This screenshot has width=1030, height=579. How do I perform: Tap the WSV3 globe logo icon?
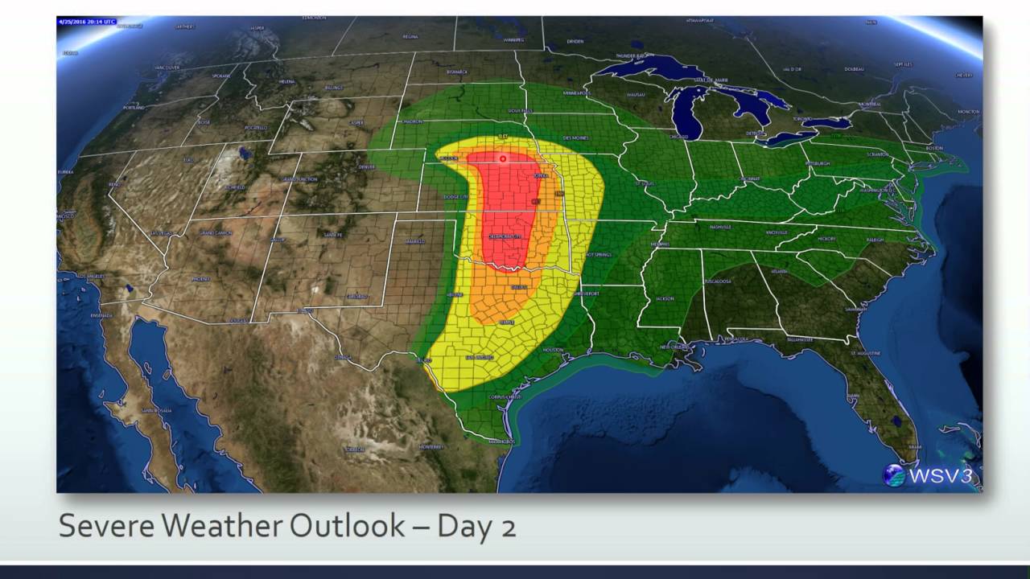894,475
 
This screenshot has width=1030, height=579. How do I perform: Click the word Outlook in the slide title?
347,525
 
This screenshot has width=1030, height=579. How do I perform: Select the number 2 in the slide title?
507,526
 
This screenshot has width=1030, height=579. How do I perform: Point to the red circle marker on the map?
503,158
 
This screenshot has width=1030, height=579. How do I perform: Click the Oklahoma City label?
506,236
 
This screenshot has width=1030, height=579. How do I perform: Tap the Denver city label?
367,167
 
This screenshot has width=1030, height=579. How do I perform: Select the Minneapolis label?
576,93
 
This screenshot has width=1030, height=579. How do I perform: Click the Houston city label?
553,350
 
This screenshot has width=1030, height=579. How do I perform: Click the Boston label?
934,149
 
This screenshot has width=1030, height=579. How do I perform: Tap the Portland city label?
135,107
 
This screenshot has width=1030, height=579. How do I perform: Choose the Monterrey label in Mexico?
431,446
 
